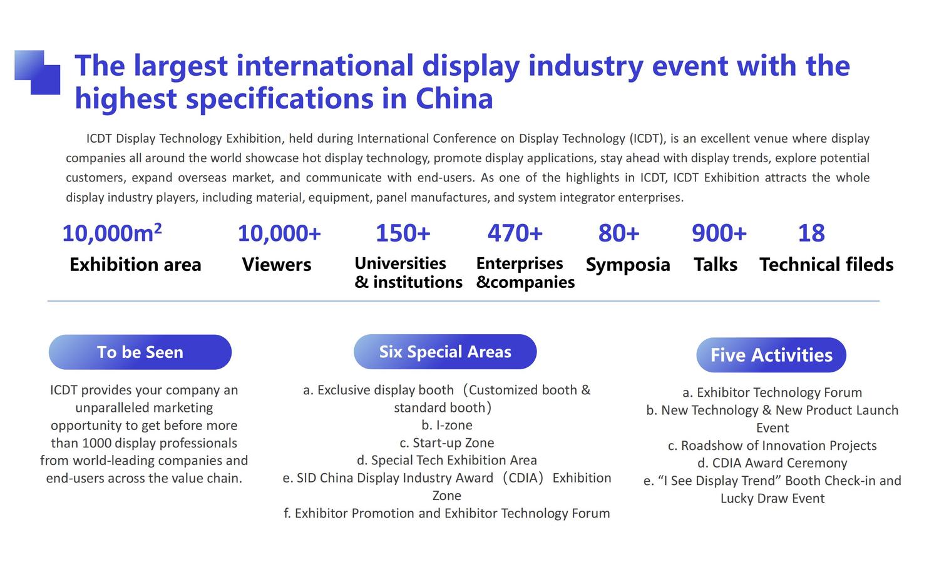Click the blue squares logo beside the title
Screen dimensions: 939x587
pos(38,72)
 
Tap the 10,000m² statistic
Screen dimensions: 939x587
pos(112,233)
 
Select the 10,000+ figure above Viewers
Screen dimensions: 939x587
pos(279,233)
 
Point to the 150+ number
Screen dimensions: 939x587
pos(403,233)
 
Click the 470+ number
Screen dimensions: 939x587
pos(515,233)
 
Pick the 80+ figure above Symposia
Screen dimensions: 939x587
pos(618,233)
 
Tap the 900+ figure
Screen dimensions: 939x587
pos(719,233)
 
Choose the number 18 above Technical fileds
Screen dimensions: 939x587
pos(811,233)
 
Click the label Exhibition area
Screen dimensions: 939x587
pos(135,264)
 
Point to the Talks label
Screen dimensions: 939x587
pos(716,264)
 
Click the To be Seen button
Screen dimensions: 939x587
pos(140,352)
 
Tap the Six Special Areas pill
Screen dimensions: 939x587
pos(445,352)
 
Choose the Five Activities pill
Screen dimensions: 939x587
pos(771,355)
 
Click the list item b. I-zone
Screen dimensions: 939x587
pos(447,426)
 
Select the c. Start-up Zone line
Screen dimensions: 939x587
pos(447,443)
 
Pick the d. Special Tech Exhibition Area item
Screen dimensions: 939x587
pos(447,461)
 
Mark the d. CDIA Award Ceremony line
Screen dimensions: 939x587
pos(772,463)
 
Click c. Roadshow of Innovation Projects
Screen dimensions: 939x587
pos(772,446)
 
